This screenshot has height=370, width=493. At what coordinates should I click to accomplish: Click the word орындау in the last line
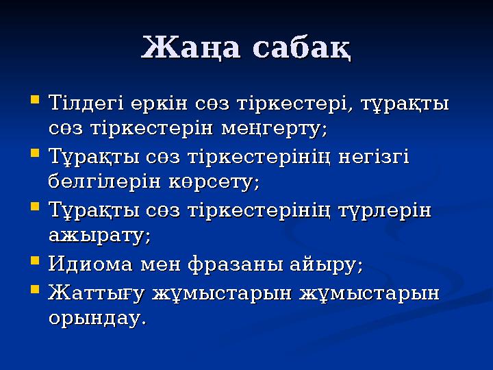[x=97, y=319]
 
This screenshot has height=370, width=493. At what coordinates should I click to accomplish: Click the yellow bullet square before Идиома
[x=35, y=262]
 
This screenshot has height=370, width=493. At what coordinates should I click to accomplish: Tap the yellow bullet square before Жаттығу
[x=35, y=292]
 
